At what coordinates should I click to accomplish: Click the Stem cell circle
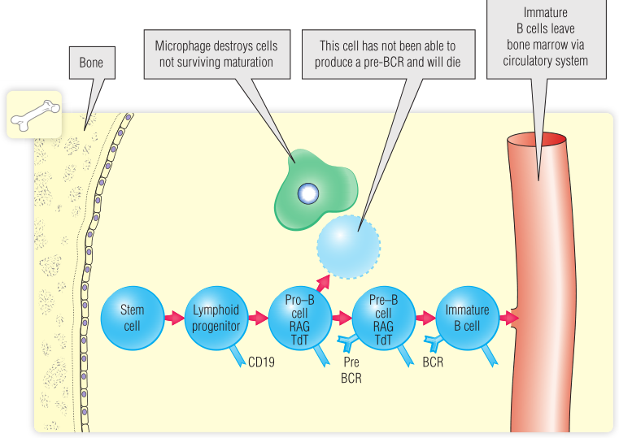pos(132,317)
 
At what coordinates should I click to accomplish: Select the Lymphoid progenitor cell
pos(216,317)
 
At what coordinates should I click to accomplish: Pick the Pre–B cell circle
pos(382,317)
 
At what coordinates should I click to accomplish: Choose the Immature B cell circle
pos(467,317)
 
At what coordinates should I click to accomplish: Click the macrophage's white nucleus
pos(307,193)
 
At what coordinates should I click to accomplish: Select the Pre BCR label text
pos(351,371)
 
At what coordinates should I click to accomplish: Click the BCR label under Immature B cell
pos(433,362)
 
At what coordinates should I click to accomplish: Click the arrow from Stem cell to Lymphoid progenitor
pos(173,317)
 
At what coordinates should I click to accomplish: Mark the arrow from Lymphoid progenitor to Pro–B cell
pos(257,317)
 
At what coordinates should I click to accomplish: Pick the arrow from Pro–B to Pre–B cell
pos(341,317)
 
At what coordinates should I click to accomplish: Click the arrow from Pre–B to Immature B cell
pos(425,317)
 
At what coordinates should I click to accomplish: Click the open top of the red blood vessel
pos(537,139)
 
